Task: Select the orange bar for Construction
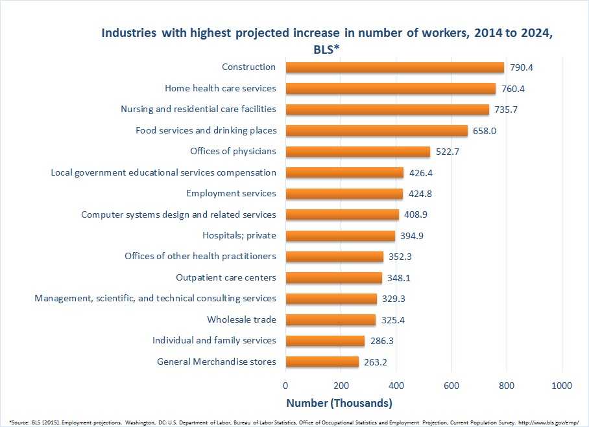pyautogui.click(x=394, y=67)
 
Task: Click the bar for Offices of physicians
pyautogui.click(x=357, y=152)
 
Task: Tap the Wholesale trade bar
pyautogui.click(x=330, y=319)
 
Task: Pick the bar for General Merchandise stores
pyautogui.click(x=322, y=362)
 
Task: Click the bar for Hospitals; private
pyautogui.click(x=340, y=235)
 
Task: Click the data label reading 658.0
pyautogui.click(x=487, y=131)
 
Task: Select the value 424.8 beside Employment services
pyautogui.click(x=422, y=193)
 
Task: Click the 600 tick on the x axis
pyautogui.click(x=451, y=385)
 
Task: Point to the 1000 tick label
pyautogui.click(x=561, y=385)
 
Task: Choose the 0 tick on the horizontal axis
pyautogui.click(x=285, y=385)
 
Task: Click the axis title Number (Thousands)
pyautogui.click(x=339, y=403)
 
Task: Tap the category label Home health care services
pyautogui.click(x=221, y=88)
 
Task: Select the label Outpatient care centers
pyautogui.click(x=226, y=277)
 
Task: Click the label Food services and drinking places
pyautogui.click(x=206, y=130)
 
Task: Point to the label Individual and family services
pyautogui.click(x=214, y=340)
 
